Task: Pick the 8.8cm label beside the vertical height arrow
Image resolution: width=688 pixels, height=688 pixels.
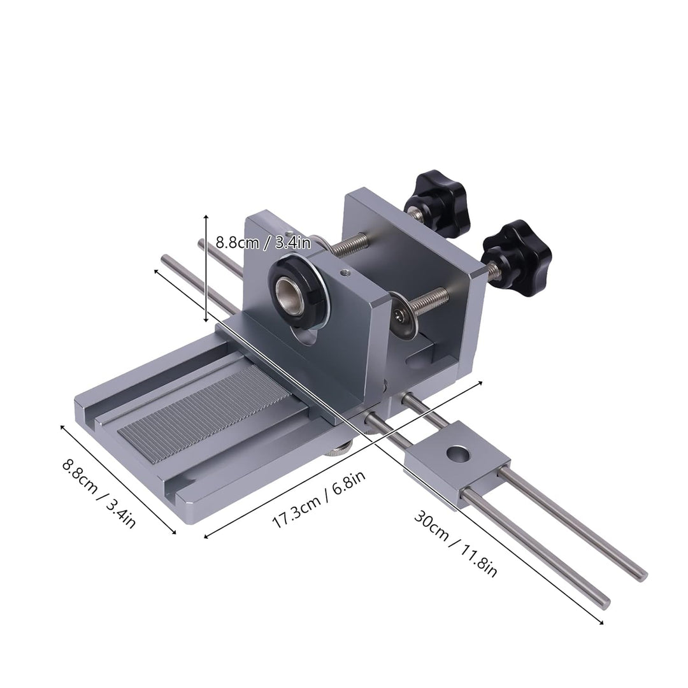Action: [262, 242]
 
